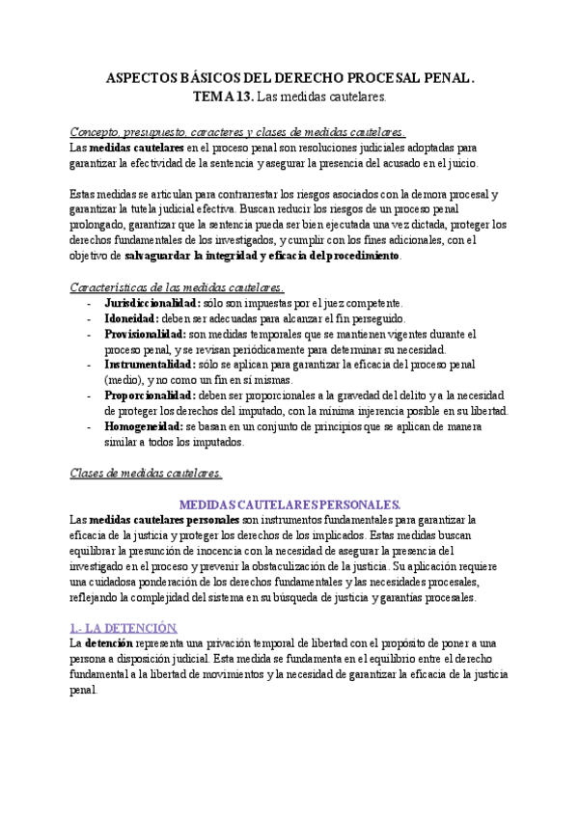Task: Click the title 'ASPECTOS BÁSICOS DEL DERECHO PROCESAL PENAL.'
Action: pos(289,77)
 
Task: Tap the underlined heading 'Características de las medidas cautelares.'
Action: pos(178,287)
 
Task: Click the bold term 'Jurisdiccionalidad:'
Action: pos(152,303)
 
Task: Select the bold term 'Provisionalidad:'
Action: pos(144,334)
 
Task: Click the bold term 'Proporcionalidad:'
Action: pos(150,395)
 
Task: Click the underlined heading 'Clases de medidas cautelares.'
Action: pos(147,473)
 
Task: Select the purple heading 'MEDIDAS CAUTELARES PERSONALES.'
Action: pos(289,504)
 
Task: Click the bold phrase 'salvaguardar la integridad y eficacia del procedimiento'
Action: pos(262,257)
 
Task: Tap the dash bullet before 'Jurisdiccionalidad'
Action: pos(89,303)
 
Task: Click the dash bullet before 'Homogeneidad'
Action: pos(89,426)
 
